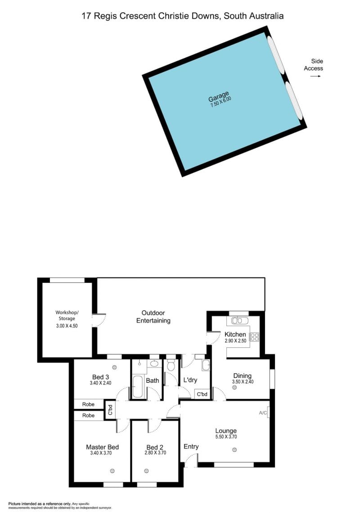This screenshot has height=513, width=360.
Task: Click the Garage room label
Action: [x=219, y=96]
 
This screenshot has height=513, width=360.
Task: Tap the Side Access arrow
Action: [x=315, y=76]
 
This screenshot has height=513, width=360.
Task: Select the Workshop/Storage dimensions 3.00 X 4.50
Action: [x=67, y=326]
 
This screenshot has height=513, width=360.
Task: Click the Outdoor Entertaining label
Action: [x=153, y=317]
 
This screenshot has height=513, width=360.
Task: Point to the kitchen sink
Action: [x=240, y=320]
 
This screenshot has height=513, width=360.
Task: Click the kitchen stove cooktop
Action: [x=254, y=337]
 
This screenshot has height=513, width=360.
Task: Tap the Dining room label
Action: [x=242, y=376]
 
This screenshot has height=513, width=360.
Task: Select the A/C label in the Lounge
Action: [x=263, y=413]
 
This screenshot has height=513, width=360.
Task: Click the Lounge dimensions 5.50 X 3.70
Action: [x=225, y=437]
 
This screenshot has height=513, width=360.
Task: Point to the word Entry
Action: [x=191, y=447]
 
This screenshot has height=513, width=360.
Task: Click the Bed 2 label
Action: [x=155, y=447]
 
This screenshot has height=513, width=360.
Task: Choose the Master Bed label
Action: [x=102, y=447]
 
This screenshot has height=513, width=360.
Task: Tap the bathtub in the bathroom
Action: [x=138, y=386]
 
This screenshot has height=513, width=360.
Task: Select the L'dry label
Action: [x=190, y=380]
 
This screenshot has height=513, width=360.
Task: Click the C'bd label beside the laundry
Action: [x=202, y=394]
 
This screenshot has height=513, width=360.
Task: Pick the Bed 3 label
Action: [x=100, y=377]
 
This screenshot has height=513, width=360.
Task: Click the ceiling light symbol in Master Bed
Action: [x=112, y=471]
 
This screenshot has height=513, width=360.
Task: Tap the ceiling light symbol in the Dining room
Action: [x=234, y=387]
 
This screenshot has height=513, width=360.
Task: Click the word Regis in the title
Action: [x=105, y=16]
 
